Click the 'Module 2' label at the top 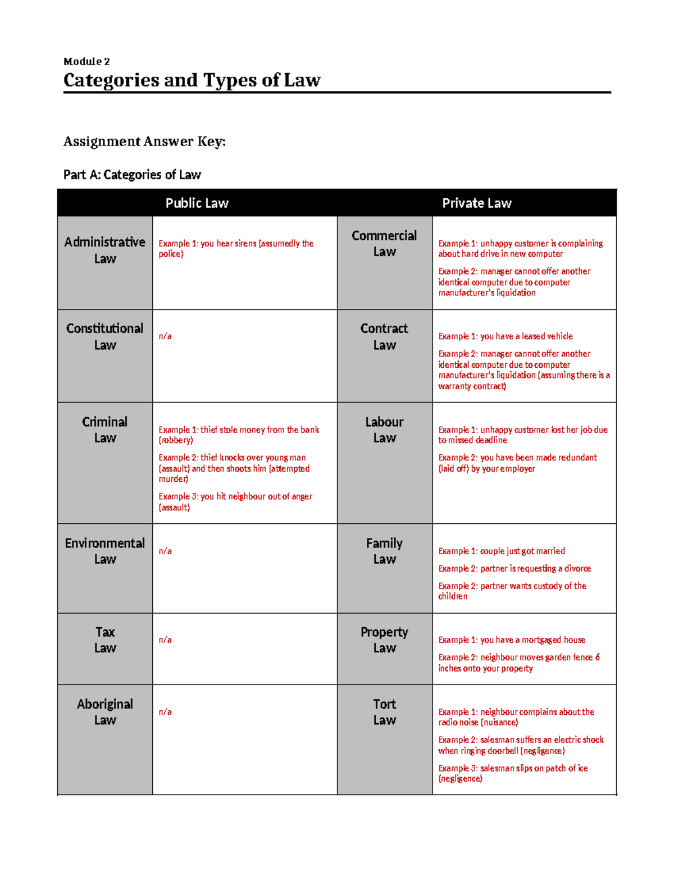(86, 62)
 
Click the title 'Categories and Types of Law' (192, 80)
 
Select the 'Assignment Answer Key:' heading (144, 141)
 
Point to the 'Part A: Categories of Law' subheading (132, 175)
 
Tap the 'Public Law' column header (197, 203)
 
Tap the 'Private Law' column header (476, 203)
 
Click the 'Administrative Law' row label (105, 250)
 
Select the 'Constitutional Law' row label (105, 336)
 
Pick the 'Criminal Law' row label (105, 430)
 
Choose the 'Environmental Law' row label (105, 551)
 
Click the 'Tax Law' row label (105, 640)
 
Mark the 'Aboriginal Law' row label (105, 712)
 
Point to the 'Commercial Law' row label (384, 244)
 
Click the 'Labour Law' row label (384, 430)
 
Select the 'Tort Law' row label (384, 712)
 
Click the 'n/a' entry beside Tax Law (165, 640)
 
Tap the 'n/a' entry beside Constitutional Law (165, 336)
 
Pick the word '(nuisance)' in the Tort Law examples (499, 723)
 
